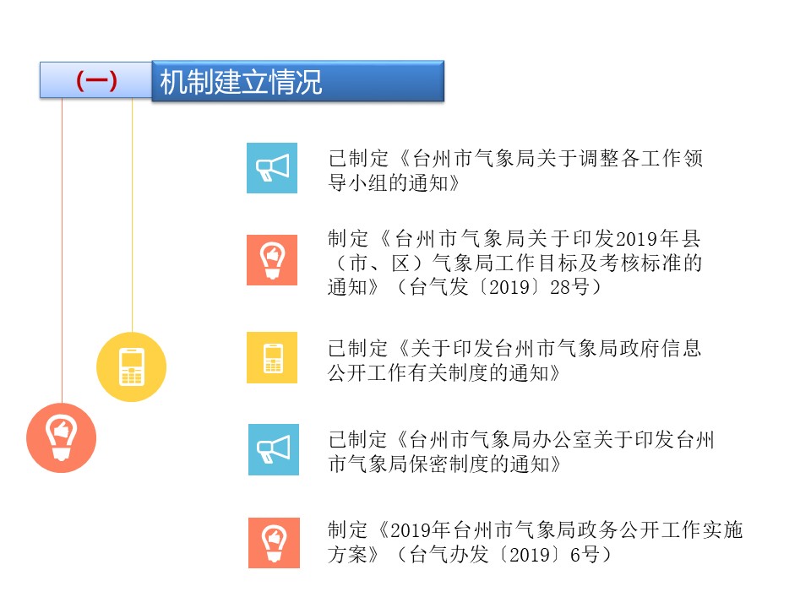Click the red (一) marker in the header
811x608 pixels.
click(x=96, y=81)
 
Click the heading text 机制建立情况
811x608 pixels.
click(x=241, y=82)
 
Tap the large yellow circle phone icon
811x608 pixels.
click(x=132, y=366)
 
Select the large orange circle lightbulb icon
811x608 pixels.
click(x=62, y=438)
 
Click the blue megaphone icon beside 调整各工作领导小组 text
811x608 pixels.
click(x=272, y=168)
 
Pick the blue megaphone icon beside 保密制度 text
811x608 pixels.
click(x=274, y=449)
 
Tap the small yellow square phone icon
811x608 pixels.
click(x=272, y=357)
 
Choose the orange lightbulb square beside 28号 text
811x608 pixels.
click(x=272, y=260)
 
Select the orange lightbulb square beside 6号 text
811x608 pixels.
click(x=274, y=543)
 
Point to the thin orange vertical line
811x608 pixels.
click(x=62, y=250)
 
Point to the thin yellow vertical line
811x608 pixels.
click(x=132, y=215)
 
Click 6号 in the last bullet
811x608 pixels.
click(x=585, y=555)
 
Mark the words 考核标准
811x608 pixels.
click(x=640, y=263)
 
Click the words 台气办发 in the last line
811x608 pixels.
click(x=449, y=555)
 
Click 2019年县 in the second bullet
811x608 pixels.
click(x=658, y=239)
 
